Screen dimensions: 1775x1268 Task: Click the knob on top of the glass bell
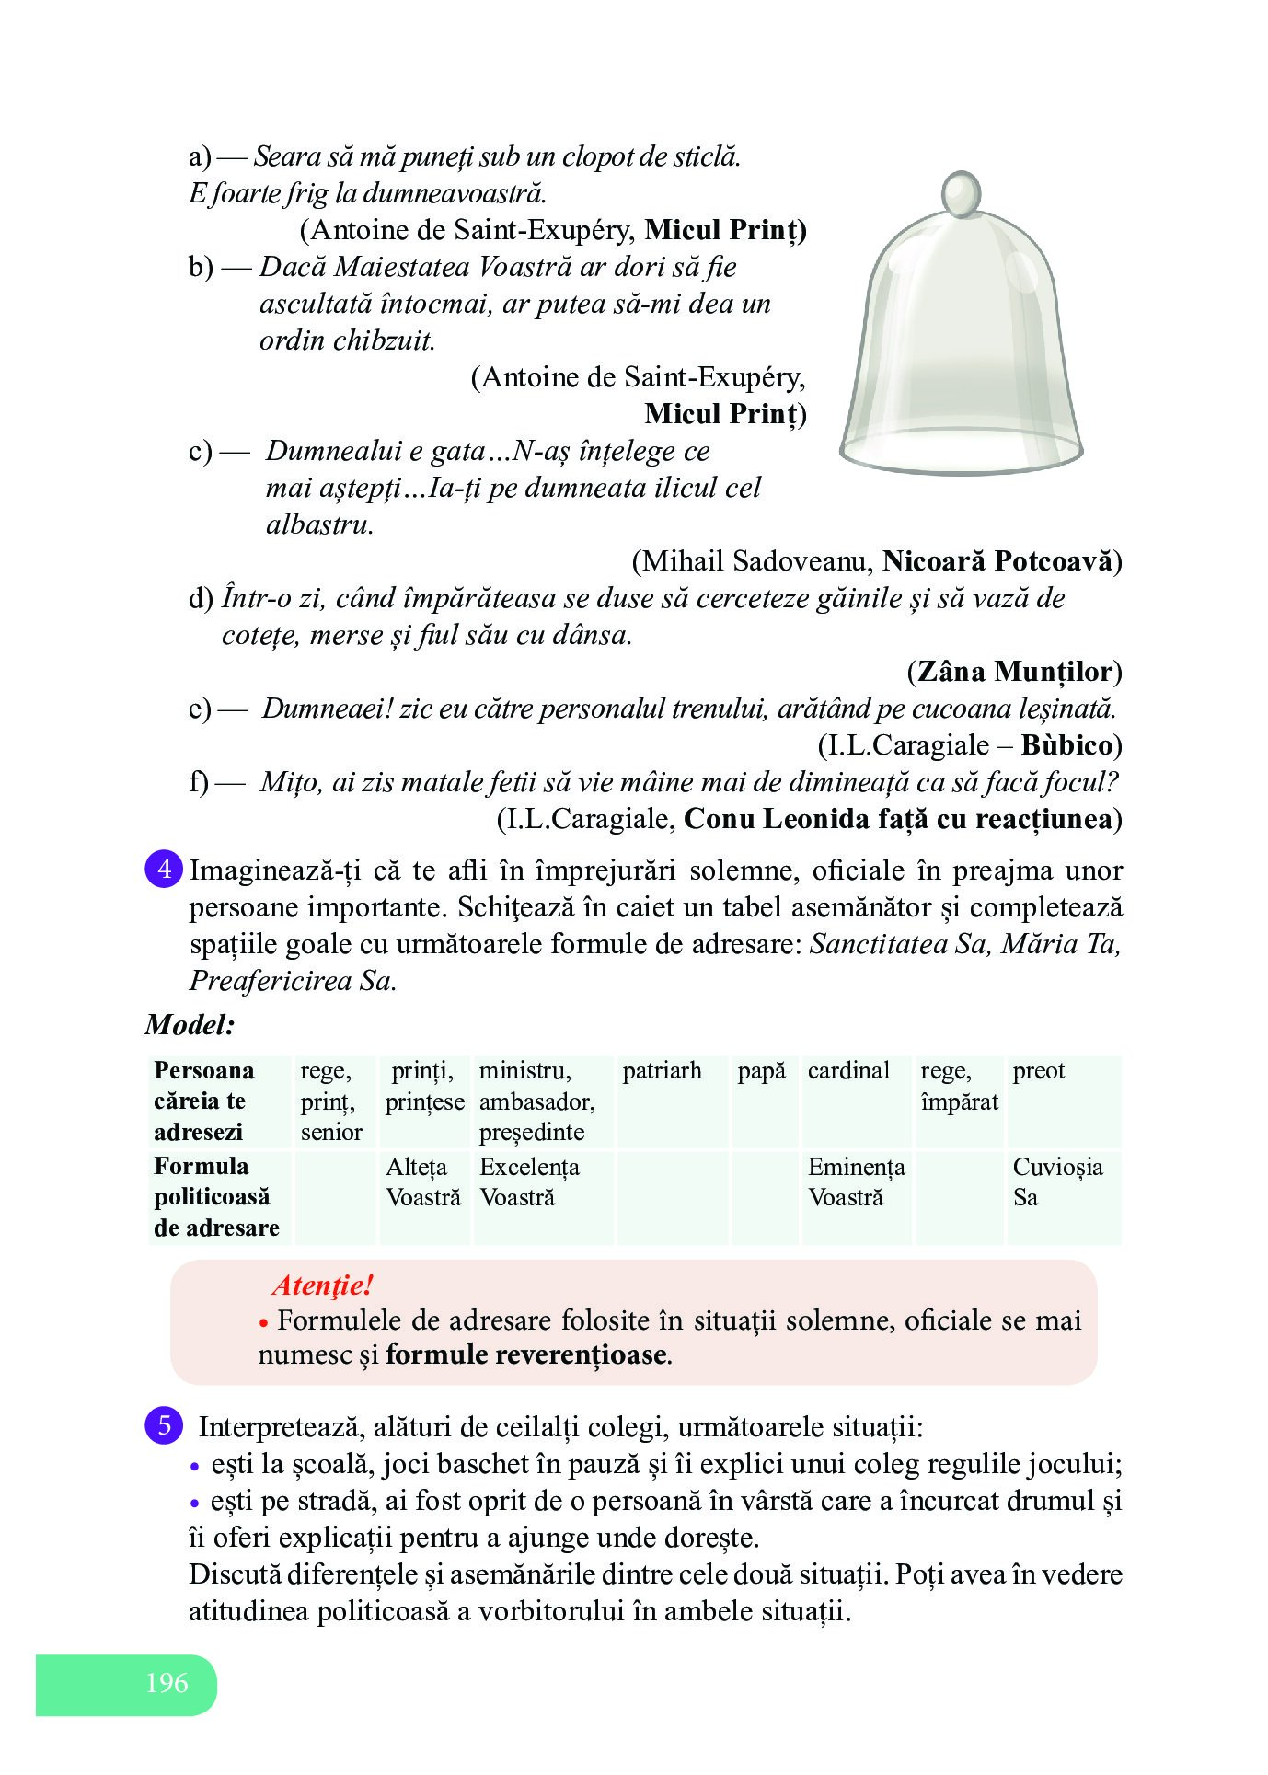(x=962, y=194)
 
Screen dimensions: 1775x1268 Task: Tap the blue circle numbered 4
(x=164, y=870)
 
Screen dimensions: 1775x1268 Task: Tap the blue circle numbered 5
(x=164, y=1426)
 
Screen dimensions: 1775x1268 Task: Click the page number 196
(x=167, y=1683)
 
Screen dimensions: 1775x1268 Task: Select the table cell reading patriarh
(x=662, y=1071)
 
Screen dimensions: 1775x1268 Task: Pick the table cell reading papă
(x=761, y=1071)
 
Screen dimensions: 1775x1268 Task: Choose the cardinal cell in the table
(x=848, y=1071)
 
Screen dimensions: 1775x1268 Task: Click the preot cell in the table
(x=1038, y=1071)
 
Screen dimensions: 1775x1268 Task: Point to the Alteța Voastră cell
(x=423, y=1182)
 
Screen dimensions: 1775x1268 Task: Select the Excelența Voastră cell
(x=529, y=1182)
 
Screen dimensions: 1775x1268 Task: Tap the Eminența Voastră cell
(x=856, y=1182)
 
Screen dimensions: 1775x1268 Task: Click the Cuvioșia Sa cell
(x=1057, y=1182)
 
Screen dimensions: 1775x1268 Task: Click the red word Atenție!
(x=322, y=1285)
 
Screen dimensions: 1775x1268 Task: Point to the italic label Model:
(x=190, y=1025)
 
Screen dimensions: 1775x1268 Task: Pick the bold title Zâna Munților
(x=1015, y=672)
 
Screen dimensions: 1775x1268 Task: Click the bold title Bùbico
(x=1066, y=745)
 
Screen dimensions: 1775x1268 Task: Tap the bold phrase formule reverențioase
(x=526, y=1354)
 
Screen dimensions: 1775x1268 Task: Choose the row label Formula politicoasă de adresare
(x=217, y=1197)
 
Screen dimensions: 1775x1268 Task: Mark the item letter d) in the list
(x=201, y=599)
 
